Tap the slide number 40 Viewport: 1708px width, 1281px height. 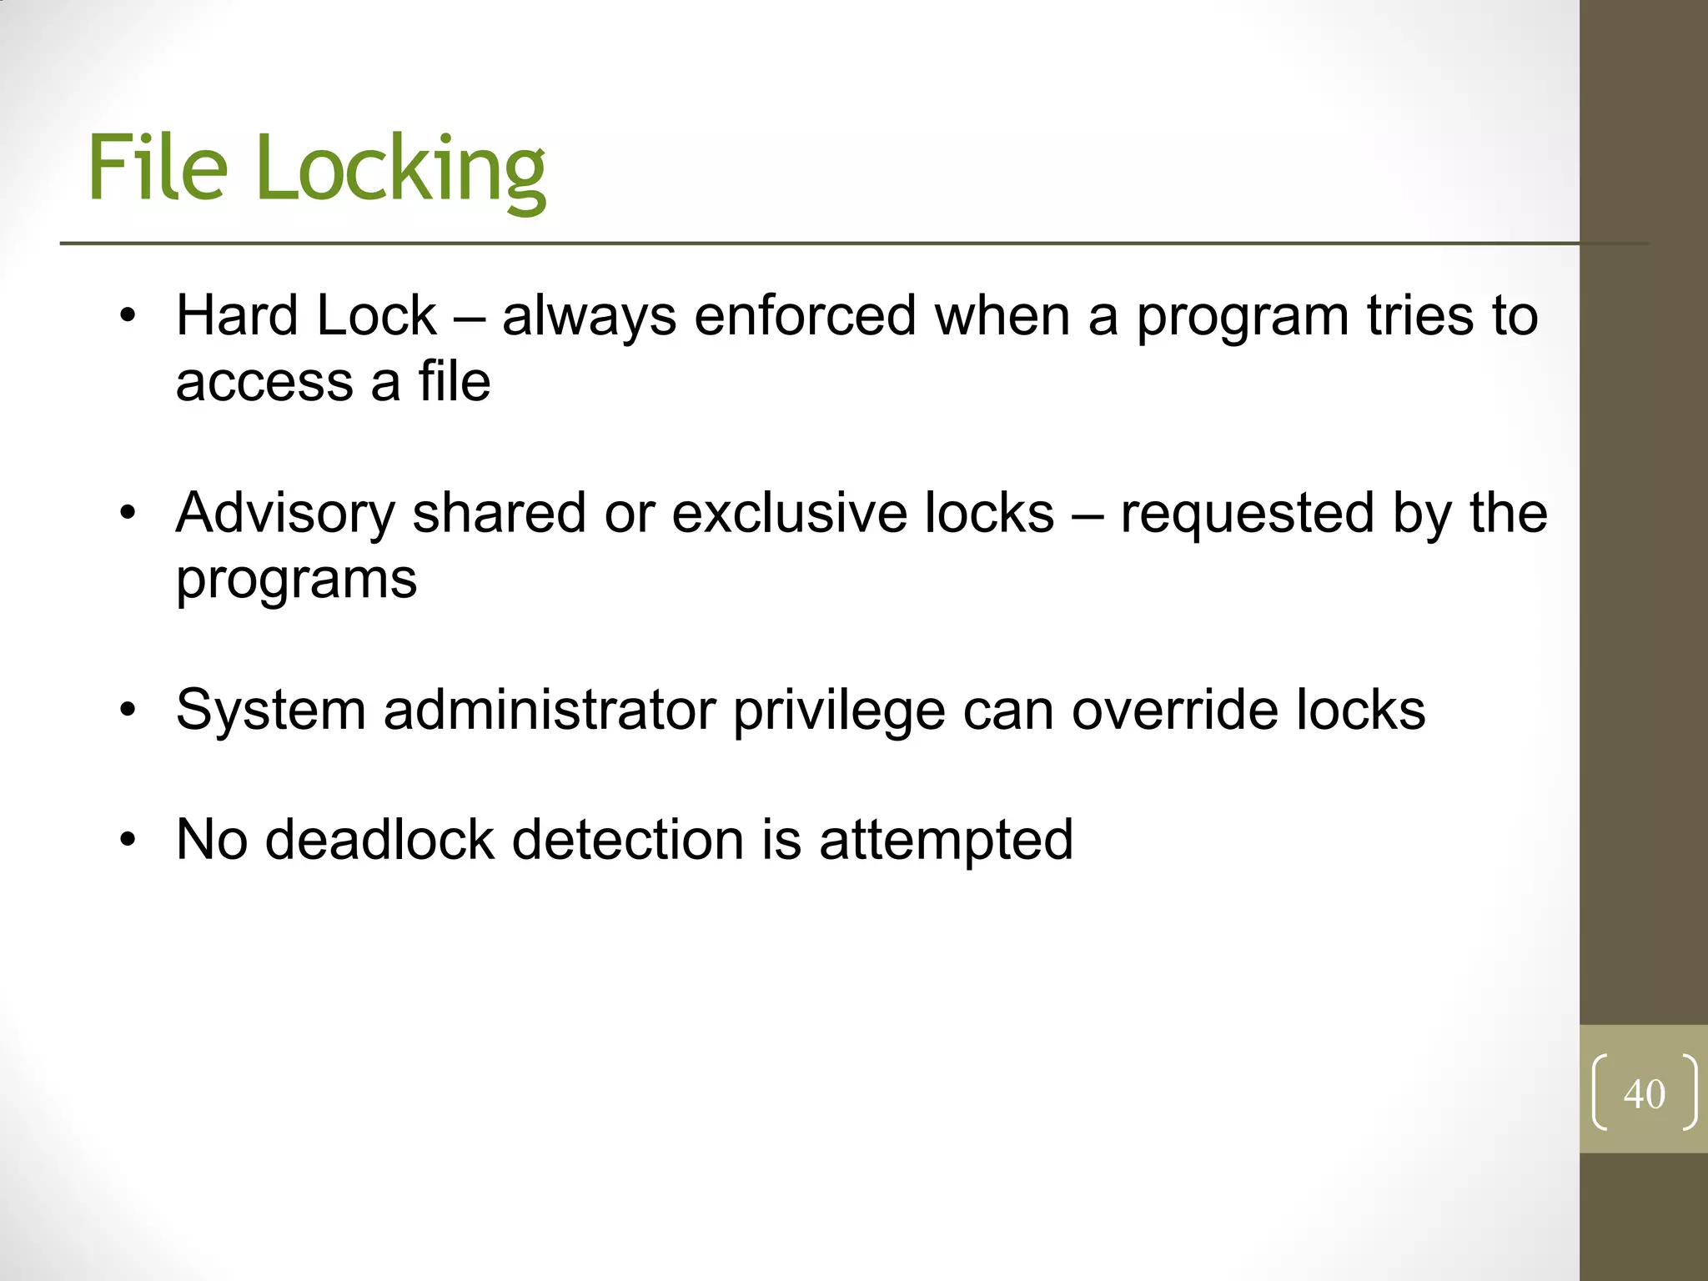click(x=1644, y=1094)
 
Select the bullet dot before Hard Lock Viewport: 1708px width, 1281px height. click(x=127, y=317)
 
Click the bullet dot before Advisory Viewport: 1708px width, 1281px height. click(x=127, y=514)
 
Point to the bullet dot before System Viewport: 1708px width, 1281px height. click(x=127, y=711)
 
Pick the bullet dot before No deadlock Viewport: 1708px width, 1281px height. click(x=127, y=840)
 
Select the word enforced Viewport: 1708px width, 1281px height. click(x=805, y=316)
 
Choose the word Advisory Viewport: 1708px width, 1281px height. click(x=284, y=513)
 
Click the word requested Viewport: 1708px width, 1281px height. click(x=1246, y=513)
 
